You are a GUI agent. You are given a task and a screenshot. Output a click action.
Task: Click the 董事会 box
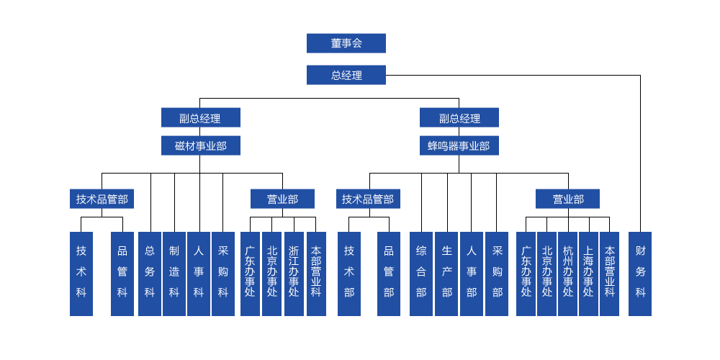pyautogui.click(x=346, y=43)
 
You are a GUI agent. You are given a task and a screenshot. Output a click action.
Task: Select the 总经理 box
pyautogui.click(x=346, y=75)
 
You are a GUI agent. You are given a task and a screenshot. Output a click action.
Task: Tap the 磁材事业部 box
pyautogui.click(x=200, y=146)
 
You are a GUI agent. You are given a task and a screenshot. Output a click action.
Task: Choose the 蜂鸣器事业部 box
pyautogui.click(x=459, y=146)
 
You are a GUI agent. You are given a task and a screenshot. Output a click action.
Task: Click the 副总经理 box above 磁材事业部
pyautogui.click(x=200, y=118)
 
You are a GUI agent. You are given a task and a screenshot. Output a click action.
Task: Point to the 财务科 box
pyautogui.click(x=640, y=273)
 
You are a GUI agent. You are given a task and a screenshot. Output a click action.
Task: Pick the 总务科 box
pyautogui.click(x=150, y=273)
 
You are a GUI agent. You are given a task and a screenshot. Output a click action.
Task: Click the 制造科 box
pyautogui.click(x=174, y=273)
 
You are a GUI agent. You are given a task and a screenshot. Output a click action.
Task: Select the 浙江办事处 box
pyautogui.click(x=294, y=273)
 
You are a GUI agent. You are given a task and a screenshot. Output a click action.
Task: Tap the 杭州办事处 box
pyautogui.click(x=568, y=273)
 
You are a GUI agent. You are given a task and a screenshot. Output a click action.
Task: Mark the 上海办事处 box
pyautogui.click(x=588, y=273)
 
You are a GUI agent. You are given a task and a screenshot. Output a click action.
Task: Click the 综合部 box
pyautogui.click(x=421, y=273)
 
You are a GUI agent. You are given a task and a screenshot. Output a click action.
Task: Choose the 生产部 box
pyautogui.click(x=446, y=273)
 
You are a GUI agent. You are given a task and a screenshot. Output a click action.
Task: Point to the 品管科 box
pyautogui.click(x=122, y=273)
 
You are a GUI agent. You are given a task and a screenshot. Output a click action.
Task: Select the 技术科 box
pyautogui.click(x=81, y=273)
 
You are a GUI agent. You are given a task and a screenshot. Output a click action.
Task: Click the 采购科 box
pyautogui.click(x=223, y=273)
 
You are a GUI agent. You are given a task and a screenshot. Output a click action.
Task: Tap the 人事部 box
pyautogui.click(x=472, y=273)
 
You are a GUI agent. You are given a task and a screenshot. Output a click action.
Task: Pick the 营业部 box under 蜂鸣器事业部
pyautogui.click(x=567, y=199)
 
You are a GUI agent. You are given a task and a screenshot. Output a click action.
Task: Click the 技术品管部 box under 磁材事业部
pyautogui.click(x=102, y=199)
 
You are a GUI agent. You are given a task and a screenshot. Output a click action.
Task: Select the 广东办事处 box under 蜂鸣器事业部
pyautogui.click(x=526, y=273)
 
